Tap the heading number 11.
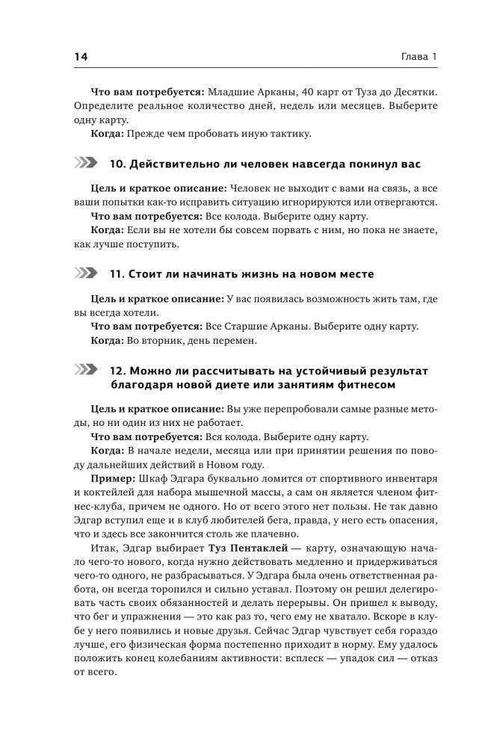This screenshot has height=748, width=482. [116, 273]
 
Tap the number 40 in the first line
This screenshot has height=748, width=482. [302, 91]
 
